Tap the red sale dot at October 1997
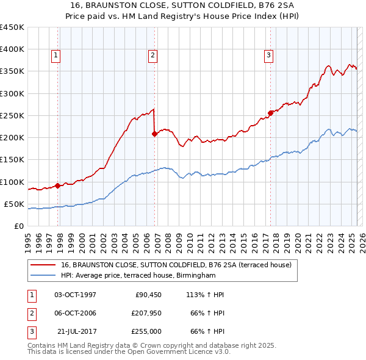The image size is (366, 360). (57, 185)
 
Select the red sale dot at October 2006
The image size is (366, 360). (154, 134)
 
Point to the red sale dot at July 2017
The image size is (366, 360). (270, 113)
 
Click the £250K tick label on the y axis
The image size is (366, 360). (12, 115)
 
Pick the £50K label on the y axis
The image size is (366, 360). (14, 204)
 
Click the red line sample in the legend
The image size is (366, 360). (43, 265)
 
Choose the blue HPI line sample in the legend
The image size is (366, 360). (43, 275)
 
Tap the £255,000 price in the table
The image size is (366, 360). (146, 333)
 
